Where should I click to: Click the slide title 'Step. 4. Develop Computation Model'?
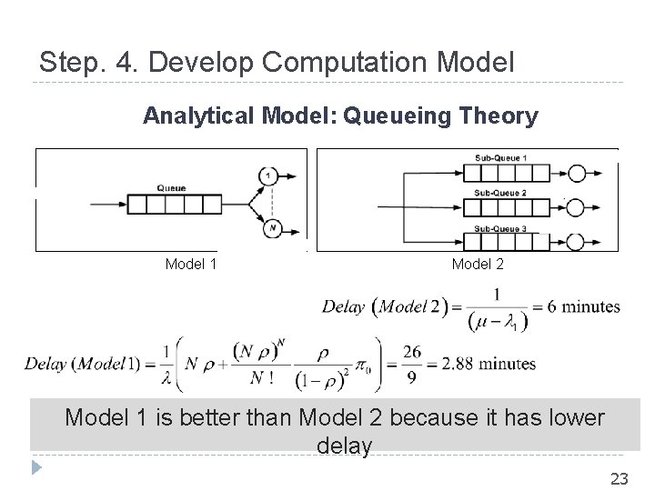tap(277, 63)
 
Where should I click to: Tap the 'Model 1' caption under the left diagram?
tap(191, 265)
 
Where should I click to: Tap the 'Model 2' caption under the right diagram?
tap(477, 265)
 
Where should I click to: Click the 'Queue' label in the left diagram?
tap(171, 188)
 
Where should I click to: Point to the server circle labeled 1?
tap(269, 176)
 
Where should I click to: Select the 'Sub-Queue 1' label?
tap(499, 158)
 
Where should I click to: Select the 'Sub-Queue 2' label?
tap(499, 193)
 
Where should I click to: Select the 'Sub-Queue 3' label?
tap(499, 227)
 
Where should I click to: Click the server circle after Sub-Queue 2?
tap(577, 205)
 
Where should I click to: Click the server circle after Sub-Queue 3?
tap(577, 241)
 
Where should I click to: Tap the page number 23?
tap(620, 477)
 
